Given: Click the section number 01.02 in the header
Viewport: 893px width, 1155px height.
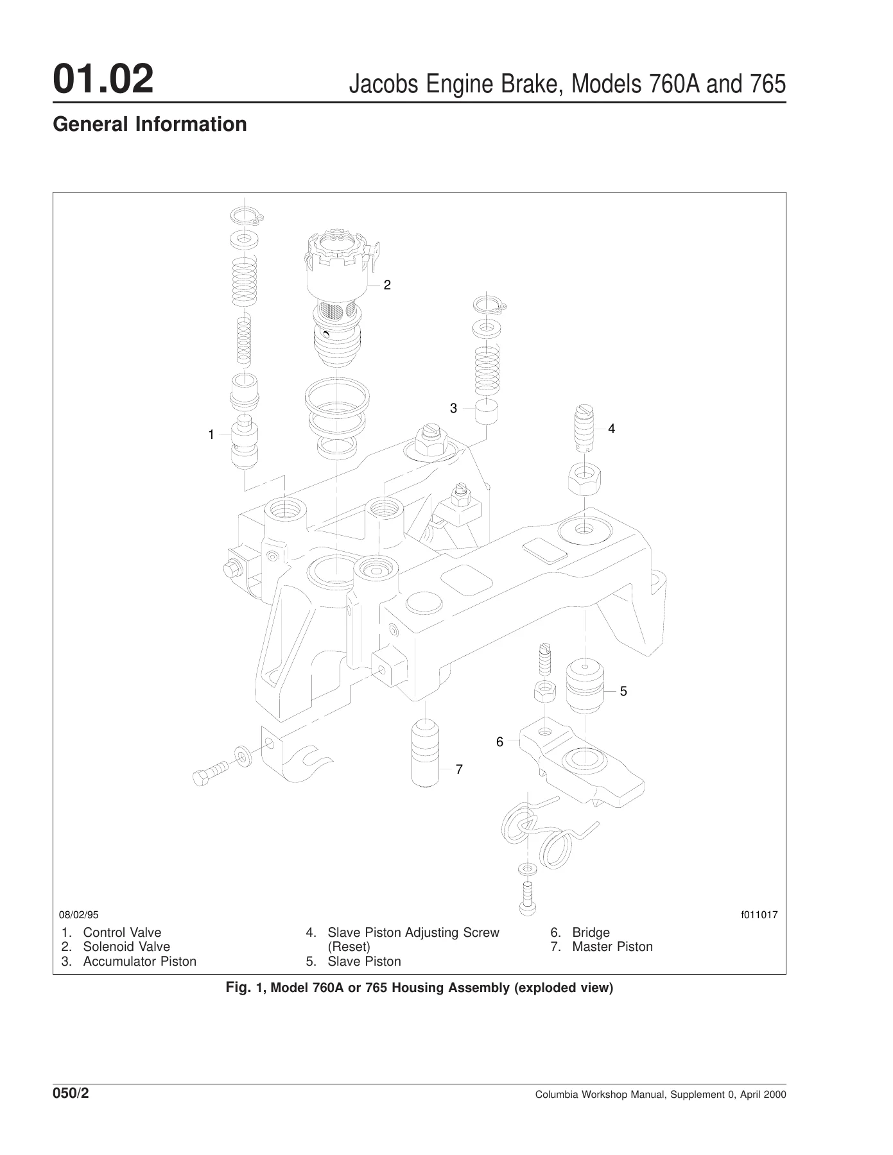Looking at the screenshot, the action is tap(103, 80).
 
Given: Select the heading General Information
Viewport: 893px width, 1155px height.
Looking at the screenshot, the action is tap(150, 124).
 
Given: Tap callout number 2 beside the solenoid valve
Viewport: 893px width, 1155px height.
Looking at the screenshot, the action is tap(387, 285).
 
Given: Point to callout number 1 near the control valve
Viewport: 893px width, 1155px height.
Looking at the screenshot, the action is tap(211, 434).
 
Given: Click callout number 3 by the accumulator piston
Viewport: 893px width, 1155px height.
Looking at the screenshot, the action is tap(453, 408).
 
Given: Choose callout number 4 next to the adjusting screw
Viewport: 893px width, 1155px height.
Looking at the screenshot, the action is tap(611, 428).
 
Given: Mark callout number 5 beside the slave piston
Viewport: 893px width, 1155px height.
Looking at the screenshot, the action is tap(623, 691).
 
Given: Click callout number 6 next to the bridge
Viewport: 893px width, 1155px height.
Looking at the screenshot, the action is tap(499, 742).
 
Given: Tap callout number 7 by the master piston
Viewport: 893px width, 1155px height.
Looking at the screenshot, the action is tap(459, 769).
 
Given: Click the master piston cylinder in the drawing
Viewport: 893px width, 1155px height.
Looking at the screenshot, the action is tap(425, 754).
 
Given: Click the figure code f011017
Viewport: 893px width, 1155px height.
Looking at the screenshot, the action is tap(759, 914).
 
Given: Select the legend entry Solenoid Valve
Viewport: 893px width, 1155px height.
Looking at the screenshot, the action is tap(126, 946).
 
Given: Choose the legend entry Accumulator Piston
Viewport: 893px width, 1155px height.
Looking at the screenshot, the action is tap(140, 961).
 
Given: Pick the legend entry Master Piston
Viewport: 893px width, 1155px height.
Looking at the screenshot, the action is tap(612, 946).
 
